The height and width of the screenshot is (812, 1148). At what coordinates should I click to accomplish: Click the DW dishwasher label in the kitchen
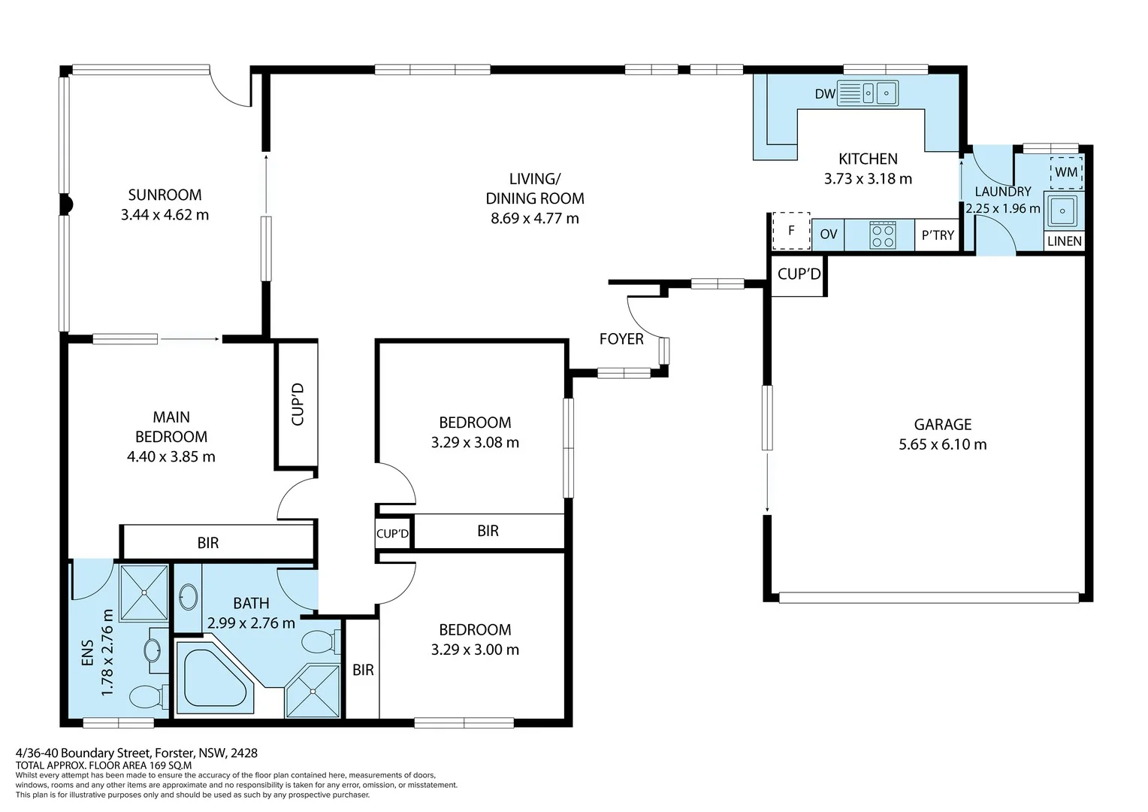[x=825, y=94]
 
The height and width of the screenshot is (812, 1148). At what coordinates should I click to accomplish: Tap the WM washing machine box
[x=1066, y=172]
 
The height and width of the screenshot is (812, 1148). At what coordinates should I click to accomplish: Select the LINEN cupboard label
[x=1065, y=241]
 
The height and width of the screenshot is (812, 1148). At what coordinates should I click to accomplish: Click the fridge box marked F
[x=791, y=231]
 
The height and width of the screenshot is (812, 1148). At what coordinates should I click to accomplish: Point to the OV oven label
[x=829, y=235]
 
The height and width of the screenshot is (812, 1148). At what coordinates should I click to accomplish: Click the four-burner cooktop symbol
[x=882, y=235]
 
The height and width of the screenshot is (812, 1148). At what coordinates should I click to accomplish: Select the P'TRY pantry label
[x=938, y=235]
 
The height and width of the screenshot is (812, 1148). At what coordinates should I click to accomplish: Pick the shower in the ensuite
[x=144, y=592]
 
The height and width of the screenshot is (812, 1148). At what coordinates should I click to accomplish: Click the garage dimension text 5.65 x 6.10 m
[x=942, y=444]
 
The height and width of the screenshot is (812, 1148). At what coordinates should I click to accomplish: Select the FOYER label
[x=621, y=339]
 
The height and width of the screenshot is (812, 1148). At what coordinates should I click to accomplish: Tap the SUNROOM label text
[x=165, y=195]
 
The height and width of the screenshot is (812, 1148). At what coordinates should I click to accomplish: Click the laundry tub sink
[x=1062, y=211]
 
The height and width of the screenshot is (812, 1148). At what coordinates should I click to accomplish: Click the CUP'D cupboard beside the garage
[x=799, y=274]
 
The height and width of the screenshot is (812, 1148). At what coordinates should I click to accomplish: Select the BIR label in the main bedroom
[x=208, y=543]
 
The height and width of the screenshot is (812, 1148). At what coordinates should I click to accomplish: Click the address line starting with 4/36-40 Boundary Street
[x=137, y=753]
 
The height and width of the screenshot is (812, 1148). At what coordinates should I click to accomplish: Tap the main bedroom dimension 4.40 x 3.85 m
[x=171, y=456]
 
